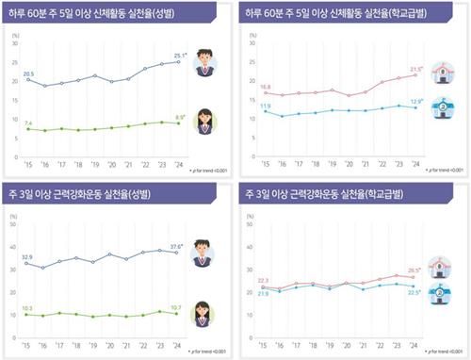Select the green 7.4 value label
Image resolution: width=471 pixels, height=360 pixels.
28,123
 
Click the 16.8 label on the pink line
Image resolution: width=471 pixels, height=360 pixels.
265,87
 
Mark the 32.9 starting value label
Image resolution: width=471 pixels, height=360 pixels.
28,256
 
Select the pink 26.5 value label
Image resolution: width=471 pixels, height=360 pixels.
414,270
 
